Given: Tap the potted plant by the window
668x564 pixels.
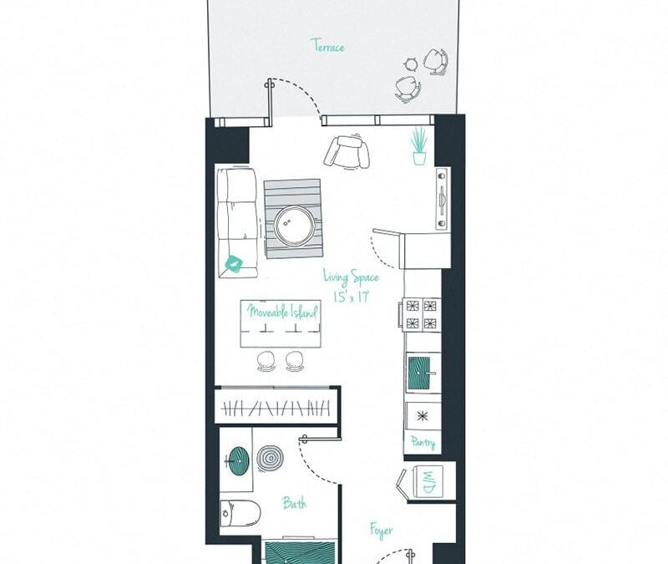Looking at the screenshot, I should click(418, 146).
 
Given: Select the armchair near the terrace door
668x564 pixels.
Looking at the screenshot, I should click(347, 151).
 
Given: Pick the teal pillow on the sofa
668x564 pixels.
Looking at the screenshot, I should click(235, 265).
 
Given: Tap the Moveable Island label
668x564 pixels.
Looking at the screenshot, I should click(282, 312).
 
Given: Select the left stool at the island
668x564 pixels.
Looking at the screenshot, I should click(266, 360).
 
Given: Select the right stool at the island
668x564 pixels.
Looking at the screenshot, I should click(293, 360).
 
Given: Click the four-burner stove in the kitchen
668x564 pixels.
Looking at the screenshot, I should click(422, 314).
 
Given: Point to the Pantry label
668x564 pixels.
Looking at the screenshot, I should click(423, 443).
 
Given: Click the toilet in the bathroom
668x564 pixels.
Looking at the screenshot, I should click(230, 513).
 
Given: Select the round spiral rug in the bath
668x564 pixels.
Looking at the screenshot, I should click(270, 457).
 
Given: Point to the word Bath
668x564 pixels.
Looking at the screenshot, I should click(293, 503).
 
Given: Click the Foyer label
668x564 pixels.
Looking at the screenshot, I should click(382, 530).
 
